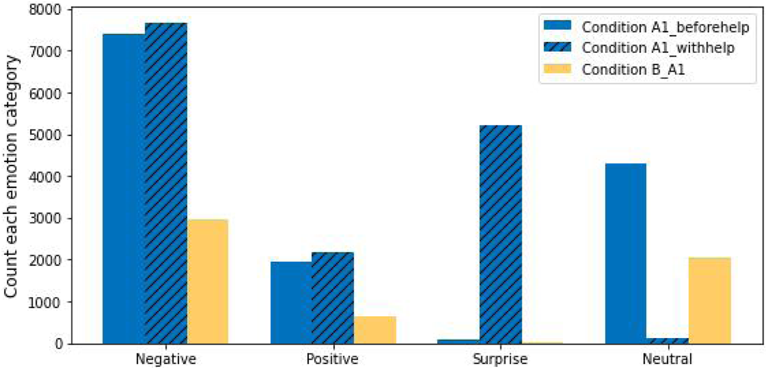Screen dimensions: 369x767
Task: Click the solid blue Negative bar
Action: tap(124, 188)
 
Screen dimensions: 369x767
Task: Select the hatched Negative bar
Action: tap(166, 183)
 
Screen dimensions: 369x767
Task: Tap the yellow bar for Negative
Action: tap(207, 282)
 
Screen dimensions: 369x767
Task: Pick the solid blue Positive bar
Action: tap(291, 302)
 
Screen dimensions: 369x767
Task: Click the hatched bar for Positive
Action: tap(333, 298)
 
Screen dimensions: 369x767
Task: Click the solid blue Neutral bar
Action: tap(626, 253)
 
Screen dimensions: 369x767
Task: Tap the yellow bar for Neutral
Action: tap(709, 300)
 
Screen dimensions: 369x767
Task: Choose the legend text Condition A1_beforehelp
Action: tap(665, 27)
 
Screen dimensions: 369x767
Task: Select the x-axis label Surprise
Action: tap(500, 359)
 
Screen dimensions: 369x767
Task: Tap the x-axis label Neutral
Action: tap(667, 359)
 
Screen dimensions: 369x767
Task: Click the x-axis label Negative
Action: tap(166, 359)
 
